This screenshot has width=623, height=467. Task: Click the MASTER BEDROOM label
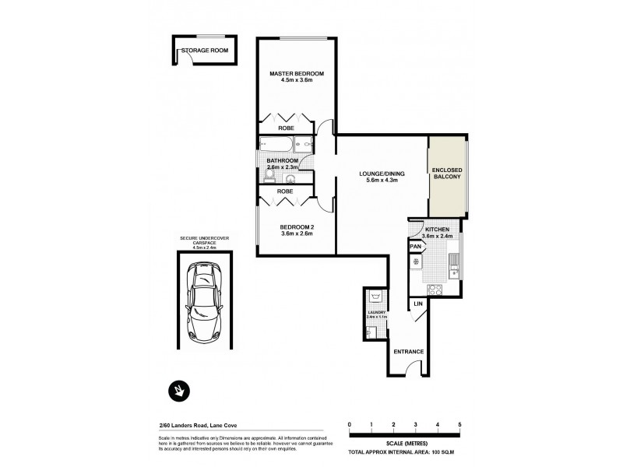(296, 74)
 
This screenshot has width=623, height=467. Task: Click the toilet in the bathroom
(270, 176)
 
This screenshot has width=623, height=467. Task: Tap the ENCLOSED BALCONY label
(447, 173)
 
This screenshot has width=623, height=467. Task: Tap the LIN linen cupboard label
(417, 303)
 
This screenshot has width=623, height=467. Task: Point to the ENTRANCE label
(408, 351)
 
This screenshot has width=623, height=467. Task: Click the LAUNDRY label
(375, 313)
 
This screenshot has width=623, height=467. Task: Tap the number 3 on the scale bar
(416, 424)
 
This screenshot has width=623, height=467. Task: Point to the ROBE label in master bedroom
(285, 128)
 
